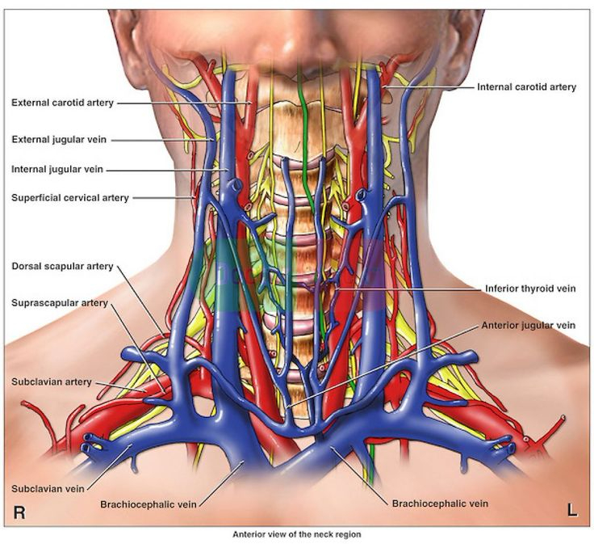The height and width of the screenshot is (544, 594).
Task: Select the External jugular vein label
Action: (58, 139)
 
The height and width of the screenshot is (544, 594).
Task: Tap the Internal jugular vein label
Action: (56, 170)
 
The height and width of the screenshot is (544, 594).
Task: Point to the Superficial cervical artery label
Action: (69, 198)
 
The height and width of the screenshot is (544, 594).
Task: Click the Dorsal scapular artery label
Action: (62, 267)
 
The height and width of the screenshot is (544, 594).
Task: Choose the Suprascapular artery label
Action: (59, 303)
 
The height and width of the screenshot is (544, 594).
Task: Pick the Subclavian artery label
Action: (51, 382)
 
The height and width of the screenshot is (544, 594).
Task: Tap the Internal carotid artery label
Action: (526, 86)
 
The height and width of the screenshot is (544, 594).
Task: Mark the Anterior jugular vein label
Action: (528, 325)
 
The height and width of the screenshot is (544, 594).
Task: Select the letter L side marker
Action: (572, 510)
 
